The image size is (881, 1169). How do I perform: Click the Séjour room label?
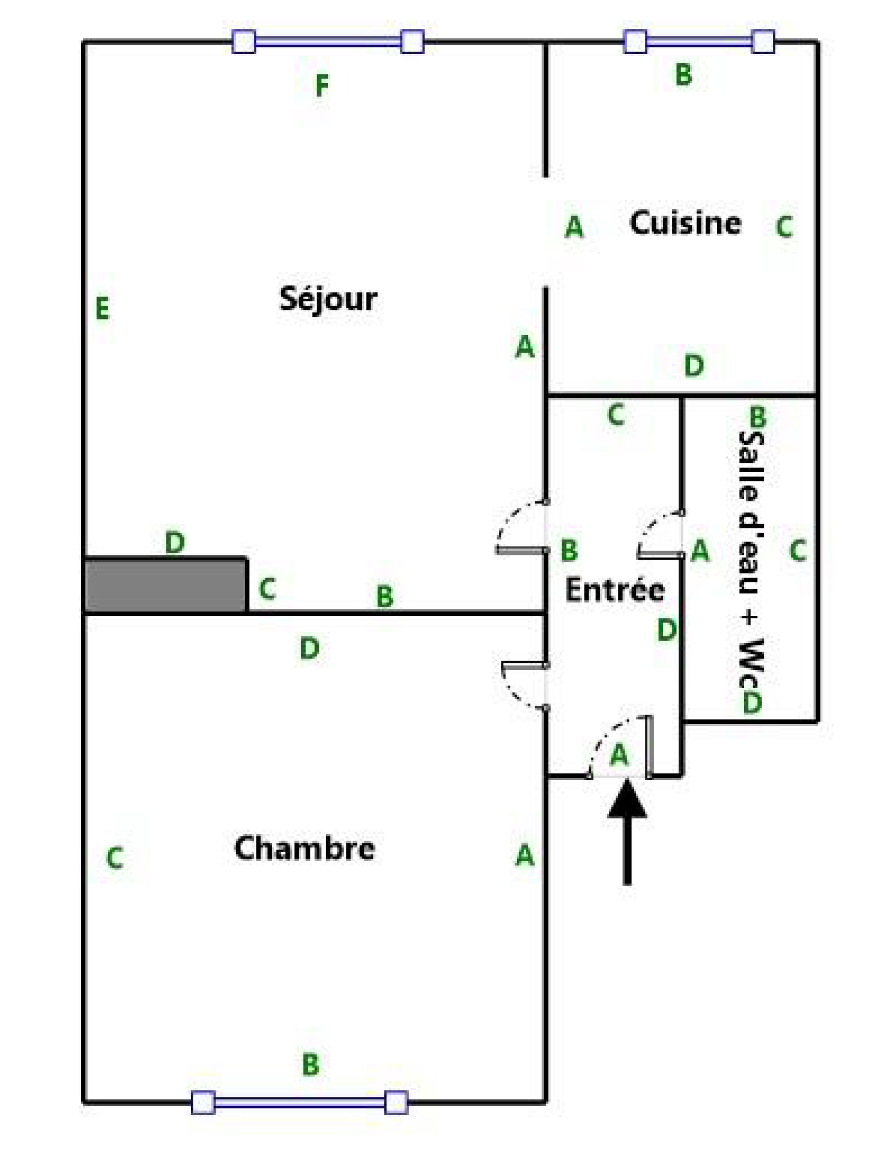328,299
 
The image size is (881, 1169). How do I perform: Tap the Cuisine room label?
685,223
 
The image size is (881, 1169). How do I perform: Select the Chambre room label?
304,847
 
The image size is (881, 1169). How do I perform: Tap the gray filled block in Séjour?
165,585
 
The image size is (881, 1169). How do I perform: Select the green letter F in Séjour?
322,85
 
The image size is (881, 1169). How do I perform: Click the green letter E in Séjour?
102,308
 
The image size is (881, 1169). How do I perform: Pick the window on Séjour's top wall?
328,41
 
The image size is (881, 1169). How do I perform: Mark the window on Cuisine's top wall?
699,41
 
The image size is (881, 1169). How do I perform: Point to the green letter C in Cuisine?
784,226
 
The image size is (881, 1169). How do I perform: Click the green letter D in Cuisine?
693,365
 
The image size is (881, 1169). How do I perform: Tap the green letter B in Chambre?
311,1064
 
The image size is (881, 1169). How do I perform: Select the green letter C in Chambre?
115,858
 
